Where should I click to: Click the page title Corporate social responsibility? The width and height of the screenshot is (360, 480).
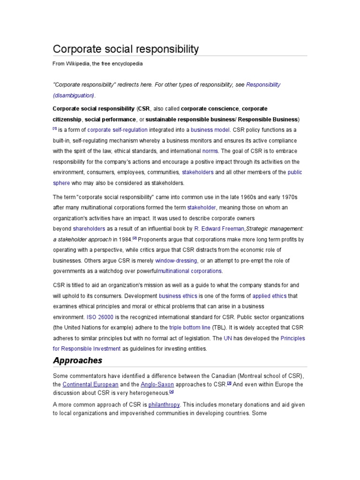click(x=126, y=49)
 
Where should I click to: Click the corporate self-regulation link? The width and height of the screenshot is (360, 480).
click(x=117, y=130)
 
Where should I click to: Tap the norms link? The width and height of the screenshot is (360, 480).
click(x=209, y=151)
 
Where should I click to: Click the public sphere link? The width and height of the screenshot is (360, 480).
click(x=295, y=172)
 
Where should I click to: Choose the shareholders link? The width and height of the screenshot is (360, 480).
click(x=89, y=229)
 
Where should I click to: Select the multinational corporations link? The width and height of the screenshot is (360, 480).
click(x=190, y=271)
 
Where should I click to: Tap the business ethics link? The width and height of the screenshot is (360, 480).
click(x=178, y=296)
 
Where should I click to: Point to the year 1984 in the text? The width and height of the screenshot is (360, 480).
click(x=124, y=240)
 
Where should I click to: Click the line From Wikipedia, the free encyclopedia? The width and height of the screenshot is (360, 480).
click(x=97, y=63)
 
